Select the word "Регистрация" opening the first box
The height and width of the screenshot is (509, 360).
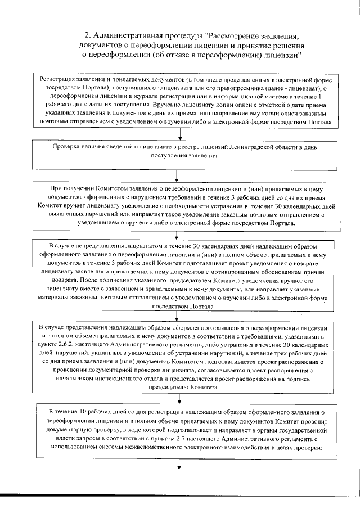click(57, 80)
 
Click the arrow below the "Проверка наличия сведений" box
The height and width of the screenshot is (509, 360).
click(177, 174)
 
